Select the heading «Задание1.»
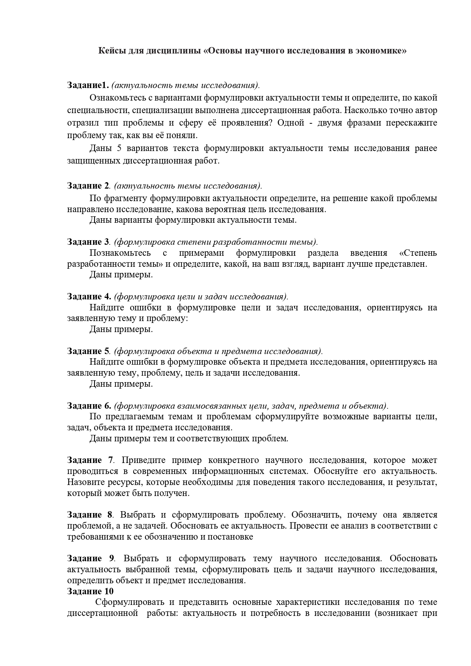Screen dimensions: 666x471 coord(88,85)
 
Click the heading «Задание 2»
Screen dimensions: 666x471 coord(88,186)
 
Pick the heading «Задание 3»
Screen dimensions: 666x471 coord(88,242)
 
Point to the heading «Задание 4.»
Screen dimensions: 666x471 coord(89,296)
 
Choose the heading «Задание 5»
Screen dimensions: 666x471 coord(88,351)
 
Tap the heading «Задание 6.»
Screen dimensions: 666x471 coord(89,405)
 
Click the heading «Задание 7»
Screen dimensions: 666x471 coord(90,460)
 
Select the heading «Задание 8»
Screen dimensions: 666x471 coord(90,515)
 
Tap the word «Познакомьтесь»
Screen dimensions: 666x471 coord(120,253)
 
